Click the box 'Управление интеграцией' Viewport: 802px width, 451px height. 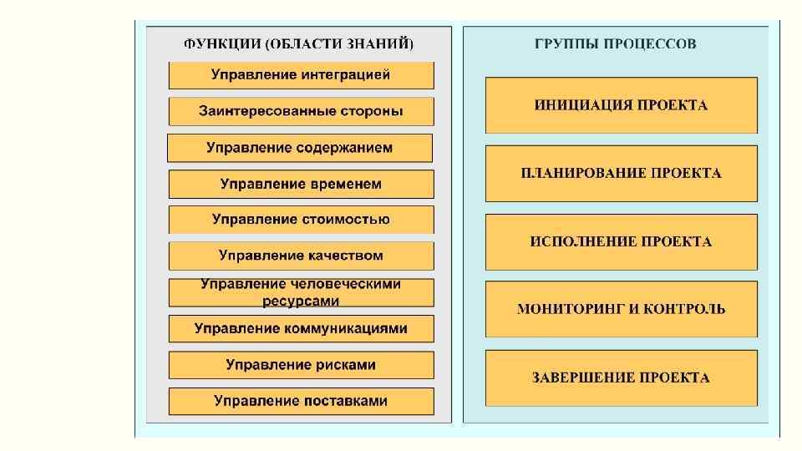301,75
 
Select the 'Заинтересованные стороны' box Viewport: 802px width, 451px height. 301,111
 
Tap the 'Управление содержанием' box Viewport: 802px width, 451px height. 300,148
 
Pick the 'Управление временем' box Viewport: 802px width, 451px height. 301,184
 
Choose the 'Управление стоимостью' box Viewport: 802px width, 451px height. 301,220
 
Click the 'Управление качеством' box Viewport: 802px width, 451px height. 301,256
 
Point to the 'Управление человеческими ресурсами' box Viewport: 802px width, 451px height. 301,292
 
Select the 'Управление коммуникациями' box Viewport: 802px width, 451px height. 301,328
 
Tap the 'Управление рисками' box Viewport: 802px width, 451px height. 301,365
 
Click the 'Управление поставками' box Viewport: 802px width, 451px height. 301,401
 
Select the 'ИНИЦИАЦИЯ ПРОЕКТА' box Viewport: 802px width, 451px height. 621,105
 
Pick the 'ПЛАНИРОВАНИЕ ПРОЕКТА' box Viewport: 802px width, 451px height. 621,174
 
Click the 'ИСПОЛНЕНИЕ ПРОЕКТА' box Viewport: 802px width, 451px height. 621,242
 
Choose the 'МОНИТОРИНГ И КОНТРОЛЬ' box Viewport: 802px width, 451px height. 621,309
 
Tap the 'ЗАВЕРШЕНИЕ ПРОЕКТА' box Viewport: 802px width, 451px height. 621,378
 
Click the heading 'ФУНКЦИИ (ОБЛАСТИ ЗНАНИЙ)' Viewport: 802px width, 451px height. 298,43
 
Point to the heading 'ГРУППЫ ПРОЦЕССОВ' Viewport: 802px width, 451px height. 615,43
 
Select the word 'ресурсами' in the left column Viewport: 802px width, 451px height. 301,300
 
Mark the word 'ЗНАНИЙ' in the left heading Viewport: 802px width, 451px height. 385,43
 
